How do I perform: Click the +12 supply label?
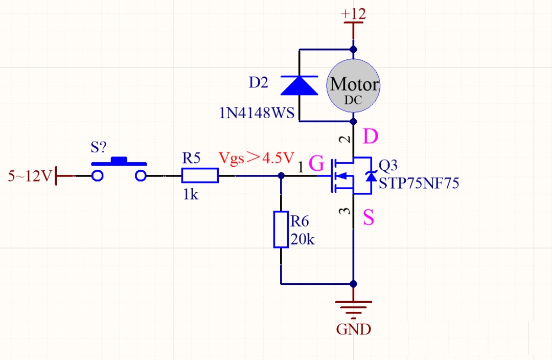point(353,14)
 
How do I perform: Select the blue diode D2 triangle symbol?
point(300,85)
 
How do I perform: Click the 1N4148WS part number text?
point(257,113)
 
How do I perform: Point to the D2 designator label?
point(258,83)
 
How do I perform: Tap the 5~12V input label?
point(30,176)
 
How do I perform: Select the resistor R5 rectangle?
point(200,176)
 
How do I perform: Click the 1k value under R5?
point(191,194)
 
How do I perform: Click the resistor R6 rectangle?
point(281,229)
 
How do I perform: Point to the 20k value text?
point(303,239)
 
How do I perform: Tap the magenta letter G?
point(317,165)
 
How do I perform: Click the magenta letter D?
point(370,137)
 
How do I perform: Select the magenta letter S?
point(369,218)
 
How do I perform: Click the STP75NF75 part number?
point(419,184)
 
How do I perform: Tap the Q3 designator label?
point(388,165)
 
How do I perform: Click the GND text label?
point(353,329)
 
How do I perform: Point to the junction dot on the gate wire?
point(281,176)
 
